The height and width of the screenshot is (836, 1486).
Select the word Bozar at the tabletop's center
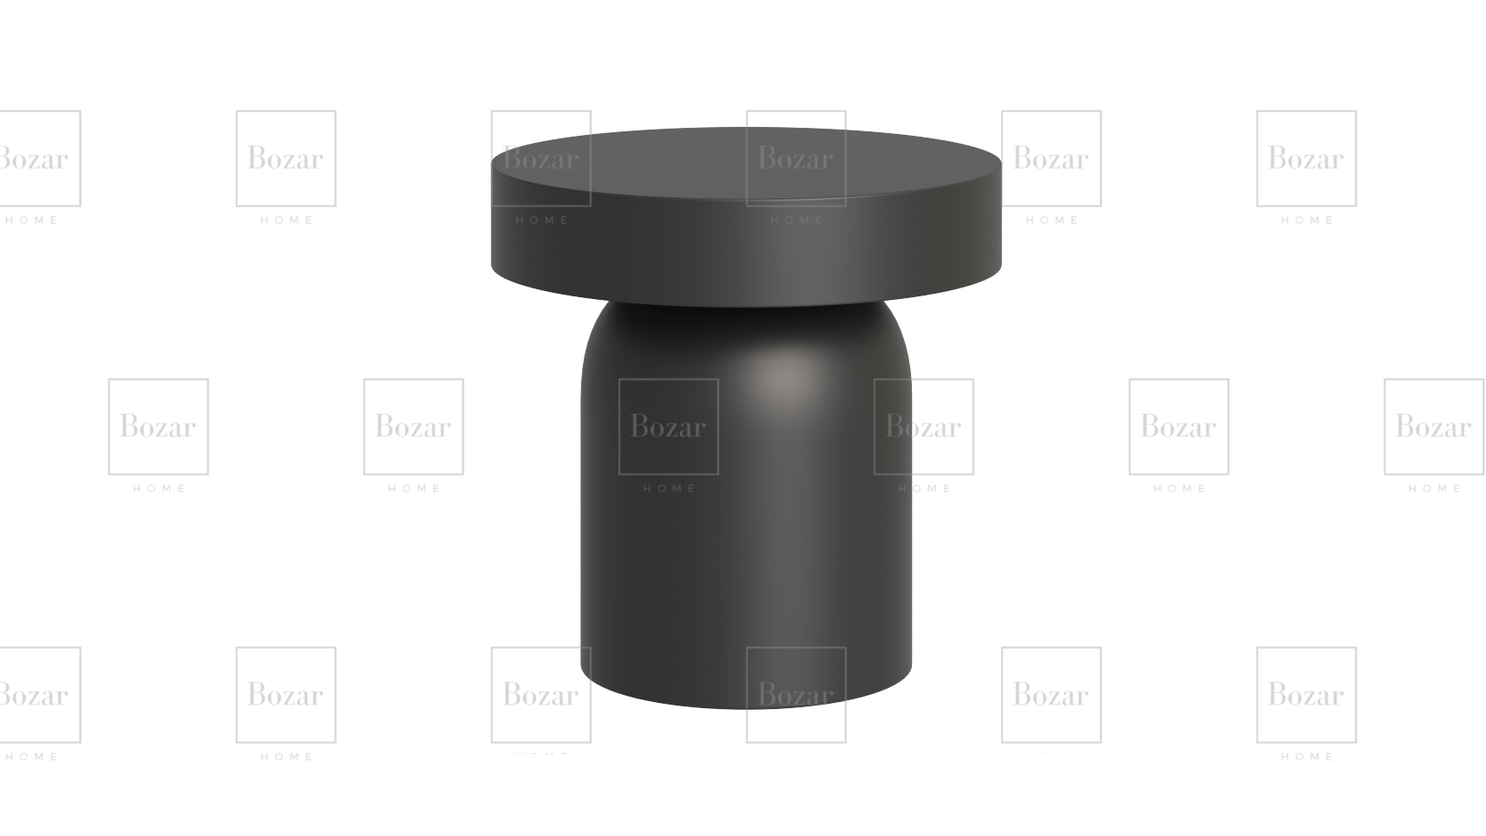tap(795, 159)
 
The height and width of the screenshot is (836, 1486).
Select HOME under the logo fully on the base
tap(669, 489)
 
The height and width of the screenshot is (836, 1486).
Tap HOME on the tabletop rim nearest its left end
tap(542, 220)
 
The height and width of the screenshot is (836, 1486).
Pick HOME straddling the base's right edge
tap(925, 489)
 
